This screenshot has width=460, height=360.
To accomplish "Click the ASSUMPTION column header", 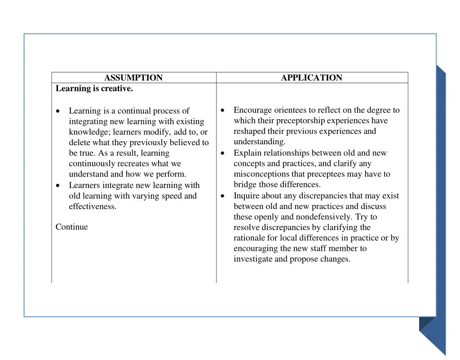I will click(133, 78).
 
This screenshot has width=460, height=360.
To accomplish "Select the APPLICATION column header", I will click(311, 78).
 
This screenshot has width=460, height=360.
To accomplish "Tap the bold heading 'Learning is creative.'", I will click(94, 89).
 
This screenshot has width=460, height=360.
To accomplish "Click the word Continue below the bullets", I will click(72, 227).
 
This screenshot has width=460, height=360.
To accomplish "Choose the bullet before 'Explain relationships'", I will click(223, 153).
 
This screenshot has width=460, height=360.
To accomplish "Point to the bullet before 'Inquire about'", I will click(223, 196).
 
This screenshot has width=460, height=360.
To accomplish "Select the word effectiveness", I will click(93, 207).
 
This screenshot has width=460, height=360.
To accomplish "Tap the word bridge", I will click(245, 185).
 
